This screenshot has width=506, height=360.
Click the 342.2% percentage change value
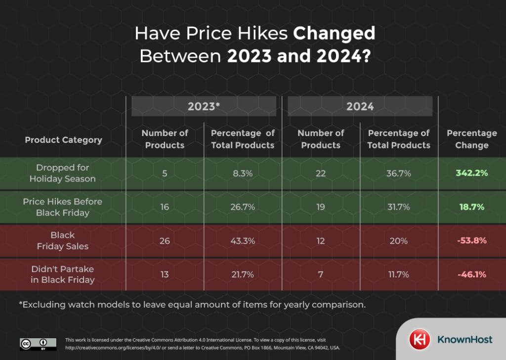point(471,173)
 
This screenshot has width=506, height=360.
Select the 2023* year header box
point(203,106)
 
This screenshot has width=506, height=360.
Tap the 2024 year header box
point(360,106)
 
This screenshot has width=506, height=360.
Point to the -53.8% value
point(471,240)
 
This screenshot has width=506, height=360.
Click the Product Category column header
point(63,140)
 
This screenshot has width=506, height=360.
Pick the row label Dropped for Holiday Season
point(63,173)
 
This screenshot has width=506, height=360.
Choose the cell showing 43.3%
point(242,240)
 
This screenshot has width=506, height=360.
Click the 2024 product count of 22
point(320,173)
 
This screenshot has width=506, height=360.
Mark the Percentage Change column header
point(471,139)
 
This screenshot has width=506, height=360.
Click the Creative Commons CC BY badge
point(34,344)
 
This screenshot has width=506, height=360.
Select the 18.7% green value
point(471,207)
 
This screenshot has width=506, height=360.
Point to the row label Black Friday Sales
point(63,240)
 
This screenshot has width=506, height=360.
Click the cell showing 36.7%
point(398,173)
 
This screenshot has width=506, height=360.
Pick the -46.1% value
point(471,274)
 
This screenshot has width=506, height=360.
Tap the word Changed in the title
point(334,34)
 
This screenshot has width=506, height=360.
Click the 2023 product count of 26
point(165,240)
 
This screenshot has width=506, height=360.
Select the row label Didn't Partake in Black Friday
point(63,274)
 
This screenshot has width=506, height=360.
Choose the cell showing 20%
point(398,240)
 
